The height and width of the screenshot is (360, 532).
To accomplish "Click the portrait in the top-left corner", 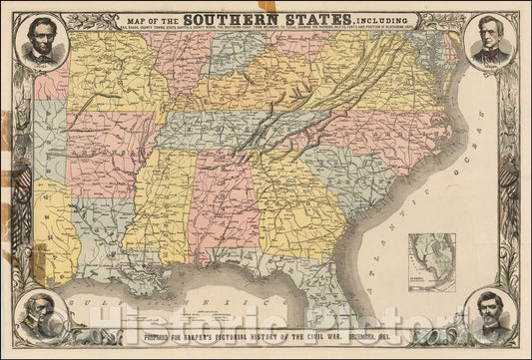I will click(x=41, y=43).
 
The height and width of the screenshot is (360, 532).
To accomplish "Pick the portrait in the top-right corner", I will click(x=489, y=43).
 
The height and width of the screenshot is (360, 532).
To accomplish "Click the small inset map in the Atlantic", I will click(x=438, y=261).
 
